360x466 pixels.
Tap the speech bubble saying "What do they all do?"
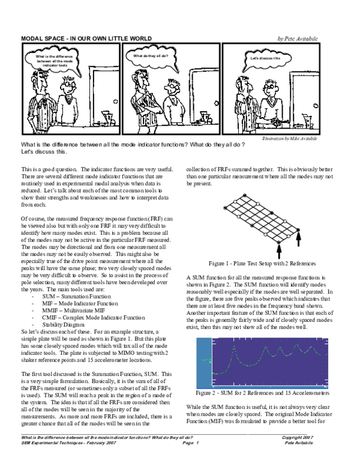[x=151, y=56]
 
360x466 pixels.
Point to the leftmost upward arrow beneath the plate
[x=279, y=249]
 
